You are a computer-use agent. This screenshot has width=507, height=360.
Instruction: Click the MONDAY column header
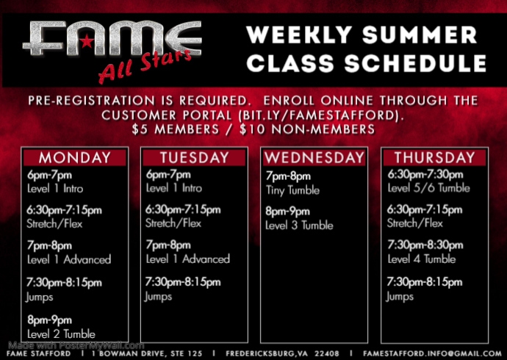75,158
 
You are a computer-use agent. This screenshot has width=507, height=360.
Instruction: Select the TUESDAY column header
195,158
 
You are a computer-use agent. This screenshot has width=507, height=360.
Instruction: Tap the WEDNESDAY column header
314,158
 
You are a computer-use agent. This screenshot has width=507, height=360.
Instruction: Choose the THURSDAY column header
434,158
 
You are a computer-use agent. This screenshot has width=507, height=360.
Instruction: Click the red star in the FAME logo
109,39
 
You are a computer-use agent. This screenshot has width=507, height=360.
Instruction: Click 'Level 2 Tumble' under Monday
61,334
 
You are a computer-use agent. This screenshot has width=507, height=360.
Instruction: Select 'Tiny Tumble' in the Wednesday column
292,190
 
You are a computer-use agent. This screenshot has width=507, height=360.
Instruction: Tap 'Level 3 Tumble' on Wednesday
299,225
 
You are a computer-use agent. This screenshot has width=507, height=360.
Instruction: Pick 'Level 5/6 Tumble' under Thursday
428,188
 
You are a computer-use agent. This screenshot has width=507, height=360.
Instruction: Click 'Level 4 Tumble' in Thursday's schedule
422,259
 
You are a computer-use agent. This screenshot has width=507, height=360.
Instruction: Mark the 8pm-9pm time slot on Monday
50,320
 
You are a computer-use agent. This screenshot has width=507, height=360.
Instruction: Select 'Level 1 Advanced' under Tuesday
188,259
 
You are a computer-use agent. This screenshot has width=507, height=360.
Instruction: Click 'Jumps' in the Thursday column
400,296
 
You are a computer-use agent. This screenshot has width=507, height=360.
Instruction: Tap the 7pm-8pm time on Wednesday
288,176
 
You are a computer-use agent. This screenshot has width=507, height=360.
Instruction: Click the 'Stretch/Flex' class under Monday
54,223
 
